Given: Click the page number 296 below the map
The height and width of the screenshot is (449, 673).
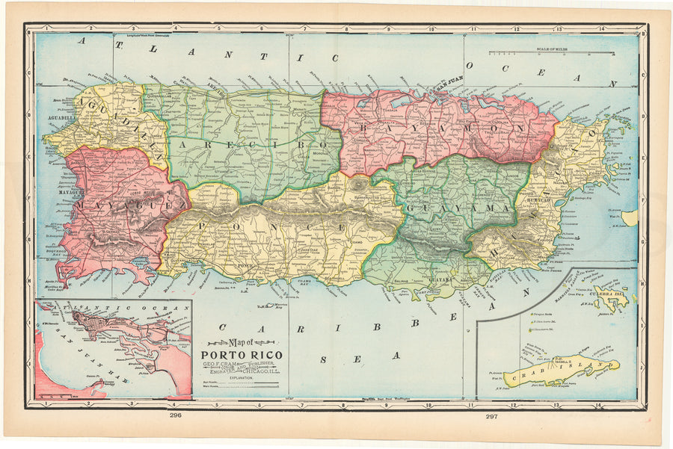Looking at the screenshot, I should click(176, 415).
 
